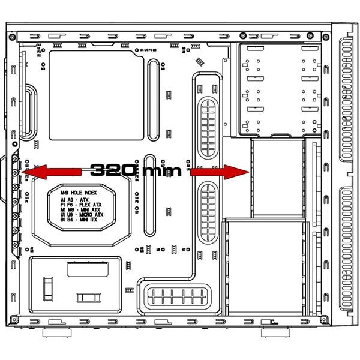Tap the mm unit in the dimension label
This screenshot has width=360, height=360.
click(159, 171)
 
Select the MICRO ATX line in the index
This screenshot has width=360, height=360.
click(82, 214)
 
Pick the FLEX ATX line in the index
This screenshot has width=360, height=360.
click(82, 205)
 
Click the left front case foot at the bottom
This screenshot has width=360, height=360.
click(58, 332)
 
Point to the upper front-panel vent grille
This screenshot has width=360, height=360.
click(346, 102)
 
